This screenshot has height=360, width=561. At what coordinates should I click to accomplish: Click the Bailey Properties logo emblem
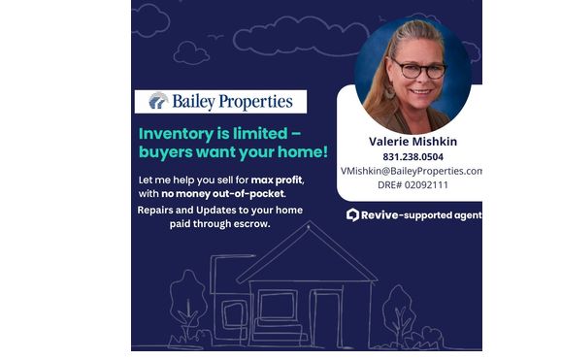157,101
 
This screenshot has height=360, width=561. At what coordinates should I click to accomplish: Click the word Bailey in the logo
198,101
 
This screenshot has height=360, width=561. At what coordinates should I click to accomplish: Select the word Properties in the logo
259,101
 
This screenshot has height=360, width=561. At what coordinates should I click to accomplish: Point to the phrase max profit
277,180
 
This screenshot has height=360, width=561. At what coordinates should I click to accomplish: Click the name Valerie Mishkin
412,141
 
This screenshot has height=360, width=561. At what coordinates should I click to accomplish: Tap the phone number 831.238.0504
412,156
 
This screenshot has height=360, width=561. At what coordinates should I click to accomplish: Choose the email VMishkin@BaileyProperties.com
412,170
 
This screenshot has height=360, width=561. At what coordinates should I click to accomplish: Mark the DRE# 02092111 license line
412,184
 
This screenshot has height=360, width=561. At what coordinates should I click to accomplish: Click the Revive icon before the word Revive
353,214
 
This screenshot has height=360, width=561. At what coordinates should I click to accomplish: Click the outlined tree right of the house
398,311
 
